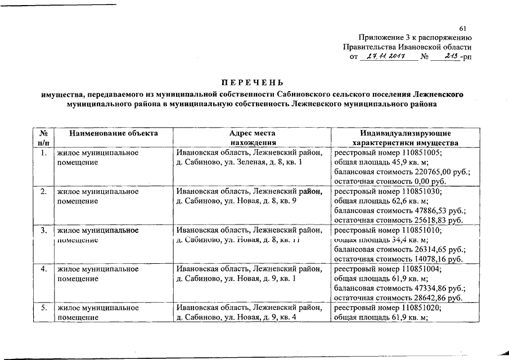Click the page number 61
click(463, 29)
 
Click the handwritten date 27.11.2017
click(382, 57)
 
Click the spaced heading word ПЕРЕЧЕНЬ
click(253, 82)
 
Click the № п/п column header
click(43, 138)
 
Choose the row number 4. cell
click(43, 269)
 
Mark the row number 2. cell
click(43, 191)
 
